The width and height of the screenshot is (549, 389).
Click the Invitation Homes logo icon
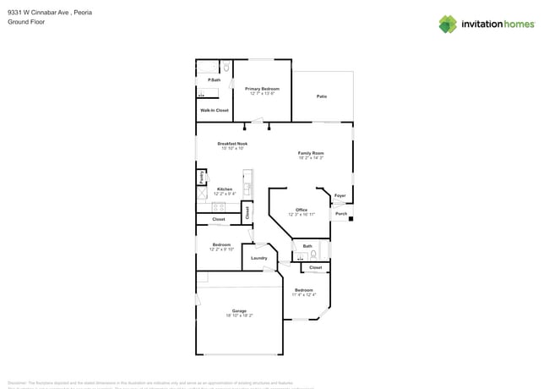coord(448,24)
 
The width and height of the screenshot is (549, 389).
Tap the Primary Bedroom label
coord(262,88)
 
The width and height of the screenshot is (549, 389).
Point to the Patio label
coord(322,96)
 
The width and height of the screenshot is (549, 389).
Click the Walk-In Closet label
coord(214,110)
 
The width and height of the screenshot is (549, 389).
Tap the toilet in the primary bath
coord(226,68)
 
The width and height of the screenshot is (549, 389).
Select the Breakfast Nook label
coord(231,144)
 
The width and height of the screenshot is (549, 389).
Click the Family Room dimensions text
coord(311,158)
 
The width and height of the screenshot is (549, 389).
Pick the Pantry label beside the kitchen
coord(201,178)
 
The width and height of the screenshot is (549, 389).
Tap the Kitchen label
coord(224,189)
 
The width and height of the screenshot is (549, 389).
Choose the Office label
coord(301,210)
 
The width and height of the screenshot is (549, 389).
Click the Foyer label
coord(340,195)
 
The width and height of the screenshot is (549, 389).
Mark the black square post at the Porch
coord(351,219)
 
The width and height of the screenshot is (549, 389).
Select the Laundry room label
coord(259,258)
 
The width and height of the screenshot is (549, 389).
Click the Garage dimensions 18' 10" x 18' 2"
coord(239,315)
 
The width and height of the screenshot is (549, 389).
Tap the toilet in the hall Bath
coord(313,254)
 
